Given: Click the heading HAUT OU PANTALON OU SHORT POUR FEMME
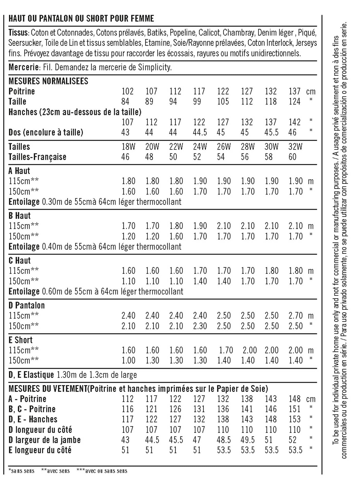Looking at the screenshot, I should click(x=81, y=19).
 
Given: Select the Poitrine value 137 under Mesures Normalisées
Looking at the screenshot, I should click(x=294, y=91).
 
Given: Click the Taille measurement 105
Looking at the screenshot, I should click(x=223, y=102).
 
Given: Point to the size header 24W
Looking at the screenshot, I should click(x=200, y=147).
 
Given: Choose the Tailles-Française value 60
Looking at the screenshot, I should click(x=292, y=157).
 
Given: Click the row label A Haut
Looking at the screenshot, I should click(x=19, y=171).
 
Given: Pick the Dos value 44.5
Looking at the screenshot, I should click(x=200, y=132).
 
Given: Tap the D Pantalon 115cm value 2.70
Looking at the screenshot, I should click(x=295, y=316).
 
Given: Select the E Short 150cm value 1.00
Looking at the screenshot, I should click(x=128, y=360).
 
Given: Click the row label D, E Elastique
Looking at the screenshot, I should click(x=31, y=375).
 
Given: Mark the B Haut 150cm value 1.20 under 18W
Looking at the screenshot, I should click(x=128, y=236).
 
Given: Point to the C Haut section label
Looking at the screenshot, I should click(x=19, y=261).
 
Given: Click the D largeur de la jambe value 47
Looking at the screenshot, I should click(x=197, y=440).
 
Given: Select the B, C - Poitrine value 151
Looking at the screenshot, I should click(x=294, y=409).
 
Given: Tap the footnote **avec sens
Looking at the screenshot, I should click(x=55, y=471).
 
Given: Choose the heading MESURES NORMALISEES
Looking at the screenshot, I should click(x=48, y=81).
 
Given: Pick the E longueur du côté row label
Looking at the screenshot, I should click(x=40, y=450).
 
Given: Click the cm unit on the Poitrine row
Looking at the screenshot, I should click(x=310, y=91).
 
